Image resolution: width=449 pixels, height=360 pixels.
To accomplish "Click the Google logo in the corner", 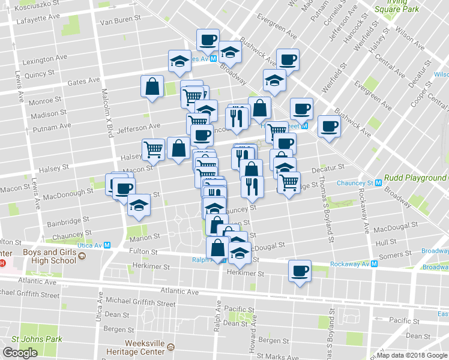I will (20, 353).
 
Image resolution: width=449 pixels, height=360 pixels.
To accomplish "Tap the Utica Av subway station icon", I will (107, 245).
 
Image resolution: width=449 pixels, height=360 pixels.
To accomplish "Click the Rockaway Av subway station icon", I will (373, 263).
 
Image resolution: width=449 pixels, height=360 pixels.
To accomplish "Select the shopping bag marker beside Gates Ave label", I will (152, 86).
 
